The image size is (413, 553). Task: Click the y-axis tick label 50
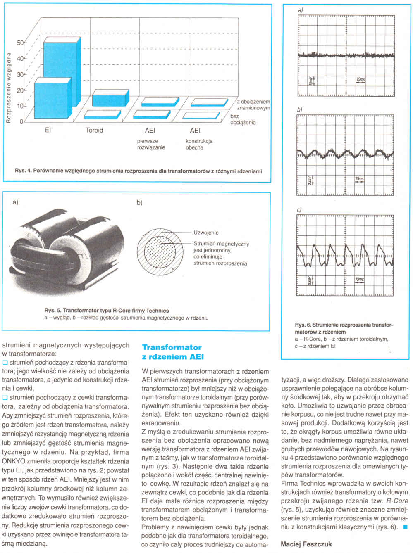point(20,43)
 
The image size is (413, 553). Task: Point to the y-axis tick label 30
point(20,74)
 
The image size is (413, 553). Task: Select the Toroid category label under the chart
point(94,131)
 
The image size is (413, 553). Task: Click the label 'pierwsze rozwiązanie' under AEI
point(151,144)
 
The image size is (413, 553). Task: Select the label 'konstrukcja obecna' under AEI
point(199,144)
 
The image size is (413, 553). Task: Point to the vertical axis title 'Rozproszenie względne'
point(8,88)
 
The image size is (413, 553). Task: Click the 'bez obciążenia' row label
point(243,119)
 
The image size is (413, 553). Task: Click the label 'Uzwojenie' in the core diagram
point(206,233)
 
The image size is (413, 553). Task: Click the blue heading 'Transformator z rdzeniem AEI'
point(172,352)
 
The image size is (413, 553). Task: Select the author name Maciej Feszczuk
point(306,544)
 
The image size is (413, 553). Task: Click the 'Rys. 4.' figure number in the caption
point(23,171)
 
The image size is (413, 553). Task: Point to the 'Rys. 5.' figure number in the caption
point(53,311)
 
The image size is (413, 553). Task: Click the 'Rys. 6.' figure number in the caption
point(303,325)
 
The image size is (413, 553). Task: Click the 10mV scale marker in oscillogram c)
point(310,281)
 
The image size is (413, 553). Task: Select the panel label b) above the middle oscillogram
point(300,110)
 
